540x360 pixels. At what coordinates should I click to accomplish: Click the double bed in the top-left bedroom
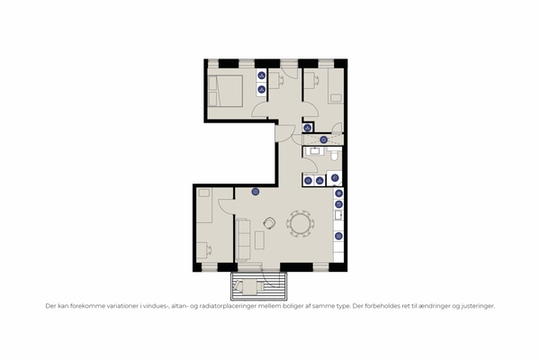point(226,91)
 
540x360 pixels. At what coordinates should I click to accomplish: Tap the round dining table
point(301,223)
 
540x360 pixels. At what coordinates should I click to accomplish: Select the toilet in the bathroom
point(334,156)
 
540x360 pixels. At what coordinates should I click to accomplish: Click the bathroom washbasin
point(315,151)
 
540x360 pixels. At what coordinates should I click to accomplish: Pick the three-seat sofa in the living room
point(243,239)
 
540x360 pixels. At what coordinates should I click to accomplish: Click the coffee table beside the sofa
point(260,240)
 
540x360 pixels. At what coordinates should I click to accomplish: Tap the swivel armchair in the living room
point(269,223)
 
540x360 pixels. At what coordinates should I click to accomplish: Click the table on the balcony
point(250,287)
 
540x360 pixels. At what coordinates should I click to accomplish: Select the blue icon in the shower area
point(323,139)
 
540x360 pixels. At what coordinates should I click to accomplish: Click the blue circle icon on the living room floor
point(256,192)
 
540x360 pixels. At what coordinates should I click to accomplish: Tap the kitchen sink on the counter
point(338,215)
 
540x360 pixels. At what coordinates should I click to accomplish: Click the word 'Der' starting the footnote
point(50,306)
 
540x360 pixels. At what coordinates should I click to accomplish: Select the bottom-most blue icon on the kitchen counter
point(338,236)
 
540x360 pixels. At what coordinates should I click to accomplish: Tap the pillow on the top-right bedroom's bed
point(336,98)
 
